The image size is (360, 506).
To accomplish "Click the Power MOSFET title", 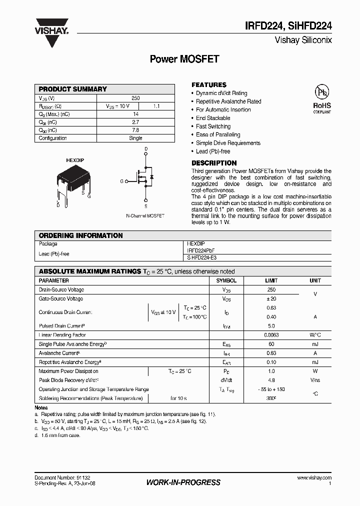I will tap(184, 59).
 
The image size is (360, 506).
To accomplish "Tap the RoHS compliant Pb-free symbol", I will tap(321, 98).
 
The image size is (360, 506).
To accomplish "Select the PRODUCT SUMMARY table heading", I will tap(73, 89).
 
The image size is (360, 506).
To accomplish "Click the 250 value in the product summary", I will tap(135, 98).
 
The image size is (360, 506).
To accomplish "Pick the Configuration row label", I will tap(53, 138).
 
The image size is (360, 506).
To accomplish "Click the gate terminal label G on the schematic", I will tap(121, 181).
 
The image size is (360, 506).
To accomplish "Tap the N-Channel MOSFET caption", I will tap(145, 215).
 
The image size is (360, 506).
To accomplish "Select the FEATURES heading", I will tap(209, 85).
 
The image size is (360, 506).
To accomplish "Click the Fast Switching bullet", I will tap(213, 126).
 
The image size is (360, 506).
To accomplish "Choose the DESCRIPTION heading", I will tap(214, 163).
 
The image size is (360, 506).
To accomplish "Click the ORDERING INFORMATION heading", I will tap(80, 235).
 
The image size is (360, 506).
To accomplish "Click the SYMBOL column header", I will tap(226, 280).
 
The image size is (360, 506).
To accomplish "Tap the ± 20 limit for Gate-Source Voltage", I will tap(271, 299).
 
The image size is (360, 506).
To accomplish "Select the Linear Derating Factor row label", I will tap(62, 335).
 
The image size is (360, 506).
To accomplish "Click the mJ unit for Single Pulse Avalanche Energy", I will tap(315, 344).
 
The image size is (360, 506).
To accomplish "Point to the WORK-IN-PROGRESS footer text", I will tap(183, 482).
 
